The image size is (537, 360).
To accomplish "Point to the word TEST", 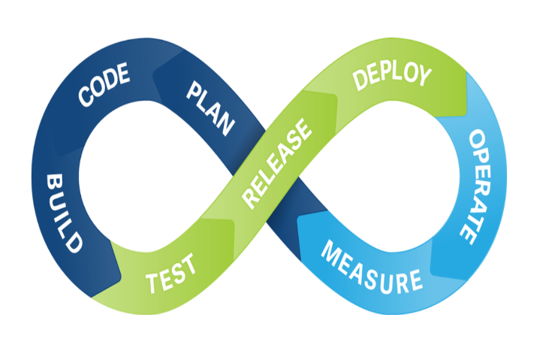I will (x=171, y=274).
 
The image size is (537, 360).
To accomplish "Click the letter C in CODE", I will (x=86, y=97).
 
